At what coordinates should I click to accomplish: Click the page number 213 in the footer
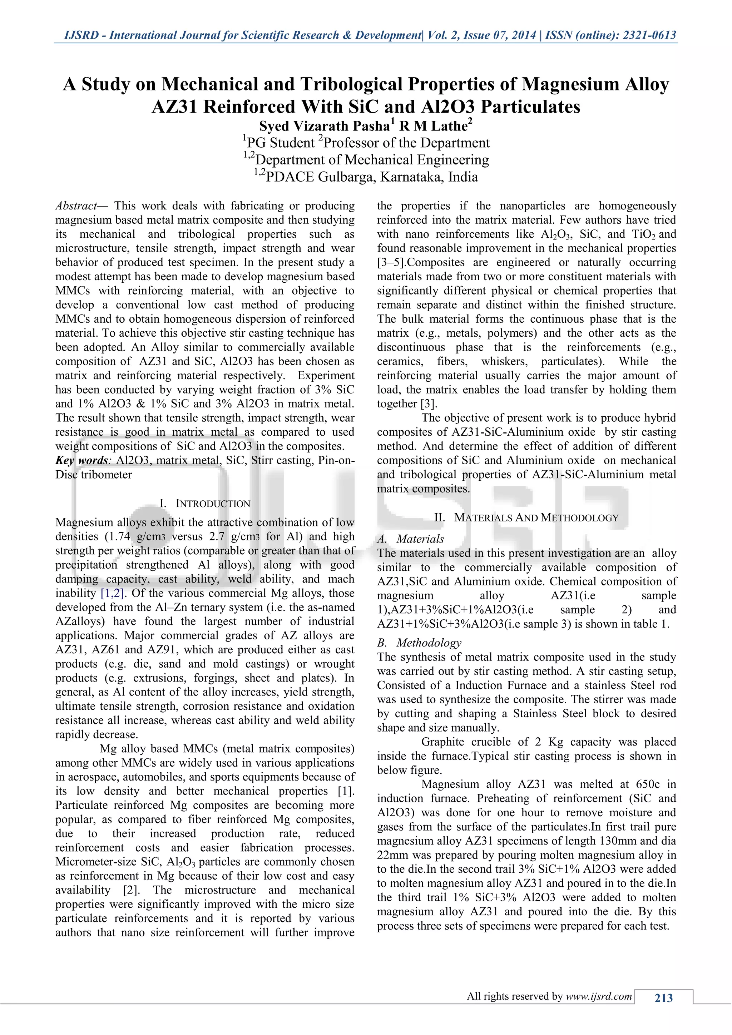click(x=663, y=998)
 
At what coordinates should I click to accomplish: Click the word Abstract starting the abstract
click(x=76, y=206)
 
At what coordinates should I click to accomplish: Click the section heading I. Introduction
click(x=205, y=504)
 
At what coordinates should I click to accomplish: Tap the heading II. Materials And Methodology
click(x=526, y=517)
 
